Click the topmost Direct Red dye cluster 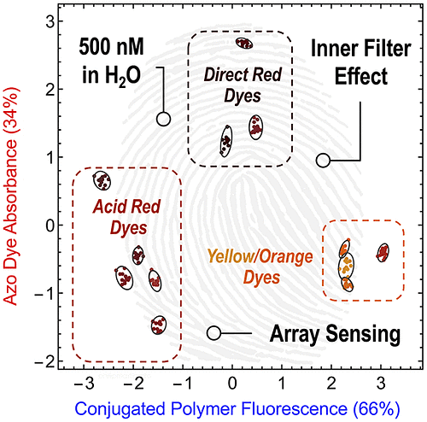[x=244, y=44]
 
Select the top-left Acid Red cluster [x=102, y=180]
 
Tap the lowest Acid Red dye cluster [x=159, y=325]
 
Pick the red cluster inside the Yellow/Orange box [x=383, y=252]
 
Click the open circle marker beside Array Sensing [x=213, y=333]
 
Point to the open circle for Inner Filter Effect [x=323, y=161]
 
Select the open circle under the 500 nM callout [x=163, y=119]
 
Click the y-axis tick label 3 [x=50, y=21]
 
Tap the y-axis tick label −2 [x=44, y=361]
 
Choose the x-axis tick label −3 [x=84, y=384]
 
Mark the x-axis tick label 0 [x=232, y=384]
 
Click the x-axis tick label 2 [x=331, y=384]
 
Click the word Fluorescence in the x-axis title [x=295, y=409]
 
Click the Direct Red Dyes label [x=243, y=85]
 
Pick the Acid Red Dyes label [x=127, y=217]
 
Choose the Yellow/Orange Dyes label [x=260, y=267]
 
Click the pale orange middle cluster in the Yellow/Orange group [x=346, y=267]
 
